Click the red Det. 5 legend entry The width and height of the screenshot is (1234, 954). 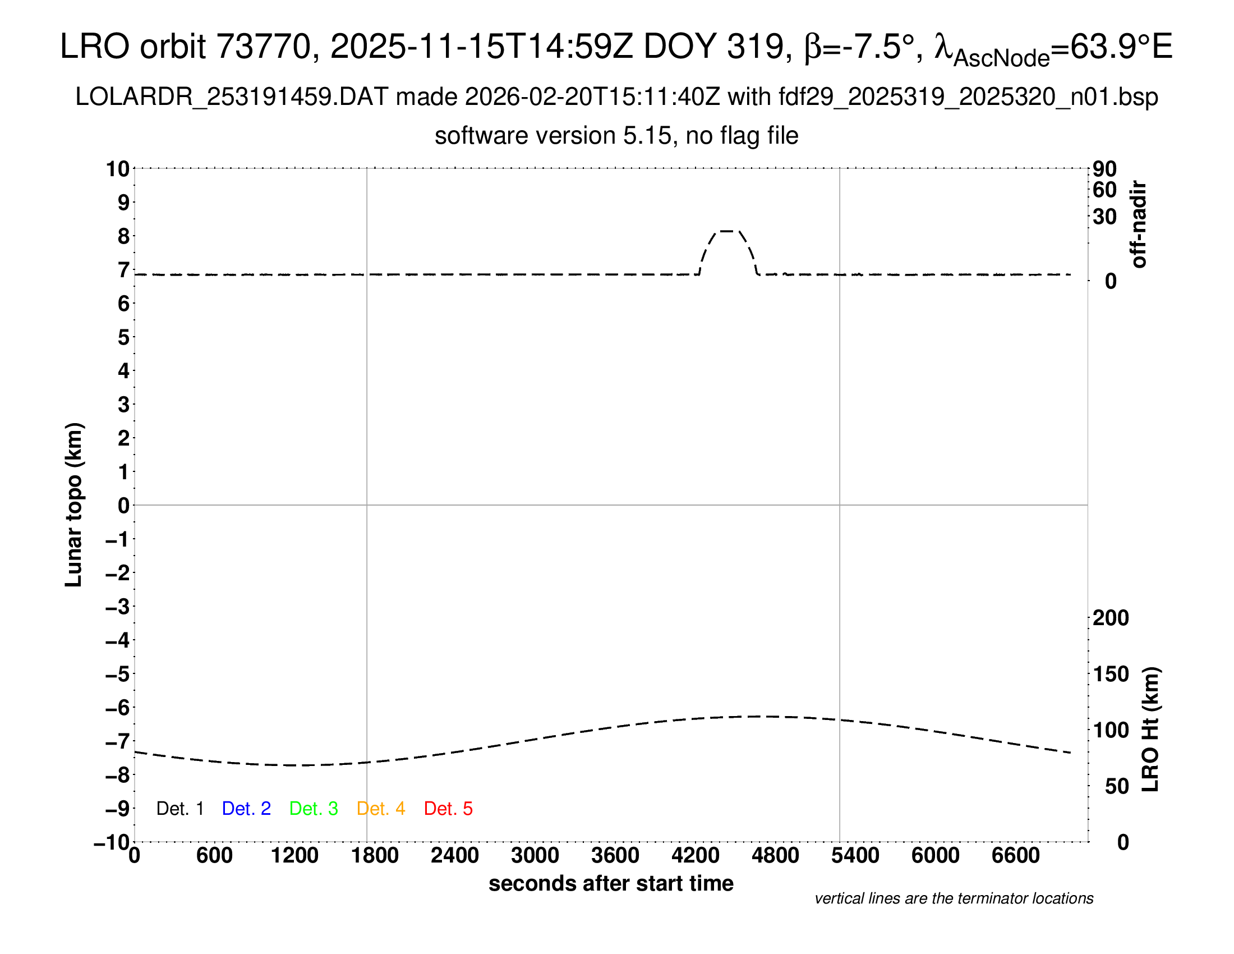point(448,809)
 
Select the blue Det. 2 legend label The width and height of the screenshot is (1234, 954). point(246,809)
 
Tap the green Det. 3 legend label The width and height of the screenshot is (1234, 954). point(314,809)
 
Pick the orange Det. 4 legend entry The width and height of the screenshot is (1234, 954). point(381,809)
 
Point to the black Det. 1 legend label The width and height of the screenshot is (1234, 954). point(179,809)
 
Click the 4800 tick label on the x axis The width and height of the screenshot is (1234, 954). point(775,856)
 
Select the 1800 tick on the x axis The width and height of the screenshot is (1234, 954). point(375,856)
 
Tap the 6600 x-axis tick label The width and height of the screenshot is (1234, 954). point(1015,856)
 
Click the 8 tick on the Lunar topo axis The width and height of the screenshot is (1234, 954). point(124,236)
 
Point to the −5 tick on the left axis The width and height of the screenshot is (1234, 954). point(118,674)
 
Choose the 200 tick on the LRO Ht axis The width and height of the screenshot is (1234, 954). point(1111,618)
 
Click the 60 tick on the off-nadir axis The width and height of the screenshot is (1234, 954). point(1104,190)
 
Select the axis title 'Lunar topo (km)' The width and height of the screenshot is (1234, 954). point(74,504)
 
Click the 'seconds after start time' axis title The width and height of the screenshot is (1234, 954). point(611,883)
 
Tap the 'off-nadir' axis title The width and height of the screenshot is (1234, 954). point(1139,224)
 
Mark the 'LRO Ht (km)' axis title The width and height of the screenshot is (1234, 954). point(1150,730)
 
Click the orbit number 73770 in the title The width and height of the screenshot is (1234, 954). point(264,47)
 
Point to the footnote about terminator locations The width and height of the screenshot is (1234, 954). point(954,898)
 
